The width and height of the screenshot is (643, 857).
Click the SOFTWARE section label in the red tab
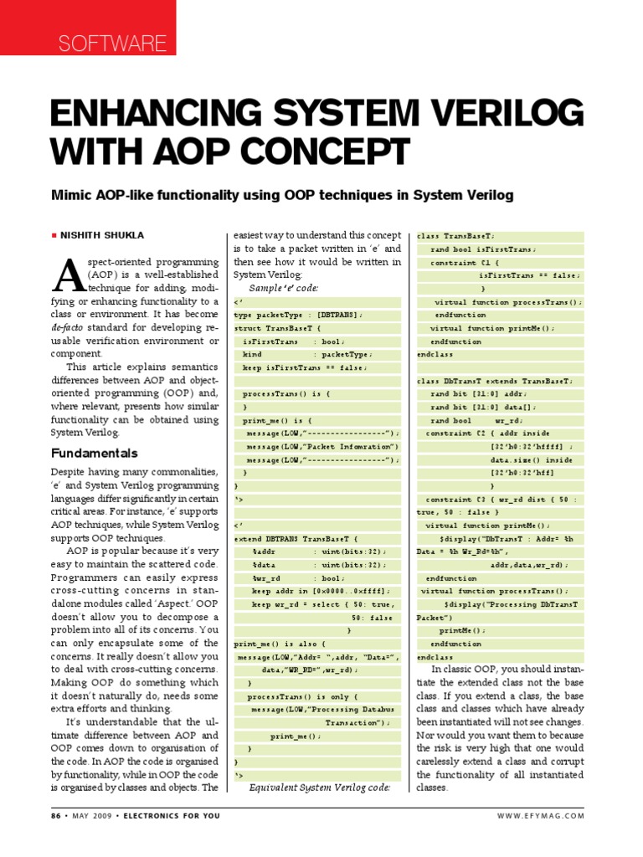click(111, 43)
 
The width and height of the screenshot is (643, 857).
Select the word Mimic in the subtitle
click(71, 195)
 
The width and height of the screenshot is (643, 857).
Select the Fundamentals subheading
click(94, 453)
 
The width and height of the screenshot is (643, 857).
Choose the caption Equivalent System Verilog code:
click(320, 788)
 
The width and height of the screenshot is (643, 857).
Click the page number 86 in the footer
click(58, 815)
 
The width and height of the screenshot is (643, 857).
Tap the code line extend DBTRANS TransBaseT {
click(290, 539)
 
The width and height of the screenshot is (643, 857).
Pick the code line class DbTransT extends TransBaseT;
click(495, 381)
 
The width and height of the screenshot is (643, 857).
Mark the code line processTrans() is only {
click(302, 695)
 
